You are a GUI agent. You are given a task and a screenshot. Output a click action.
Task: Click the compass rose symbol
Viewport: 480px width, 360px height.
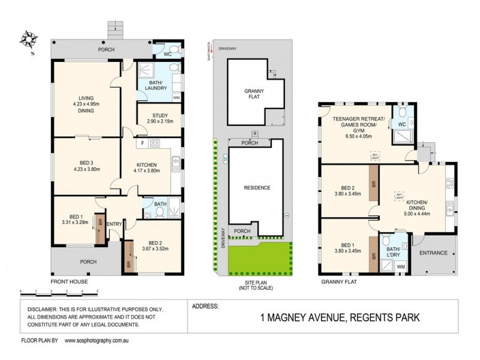(28, 41)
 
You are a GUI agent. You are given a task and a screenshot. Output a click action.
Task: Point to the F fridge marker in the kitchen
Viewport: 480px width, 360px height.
(142, 143)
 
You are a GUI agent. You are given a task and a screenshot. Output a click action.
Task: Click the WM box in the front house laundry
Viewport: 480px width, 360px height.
(176, 97)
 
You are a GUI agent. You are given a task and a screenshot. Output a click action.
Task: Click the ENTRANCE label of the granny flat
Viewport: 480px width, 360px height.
(433, 253)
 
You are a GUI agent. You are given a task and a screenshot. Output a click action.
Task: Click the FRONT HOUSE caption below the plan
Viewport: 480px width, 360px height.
(70, 281)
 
